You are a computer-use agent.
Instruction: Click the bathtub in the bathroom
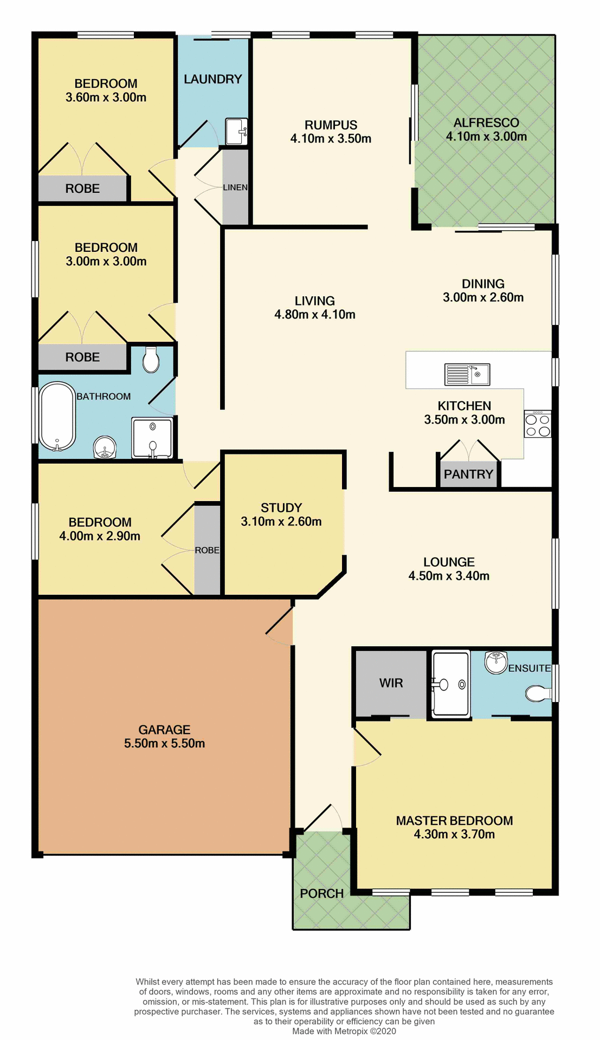click(x=56, y=416)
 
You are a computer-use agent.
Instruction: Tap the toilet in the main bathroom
click(x=151, y=360)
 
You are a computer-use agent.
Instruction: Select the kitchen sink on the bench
click(x=467, y=374)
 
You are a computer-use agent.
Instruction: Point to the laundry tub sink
click(x=236, y=131)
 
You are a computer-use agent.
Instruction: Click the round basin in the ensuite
click(x=495, y=662)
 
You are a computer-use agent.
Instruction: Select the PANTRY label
click(x=468, y=474)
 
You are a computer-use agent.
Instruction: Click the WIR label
click(x=391, y=683)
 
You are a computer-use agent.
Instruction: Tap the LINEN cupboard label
click(x=235, y=187)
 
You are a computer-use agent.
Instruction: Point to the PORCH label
click(x=321, y=894)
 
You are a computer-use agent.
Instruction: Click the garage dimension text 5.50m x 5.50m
click(x=164, y=744)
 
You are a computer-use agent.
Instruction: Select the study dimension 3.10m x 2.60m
click(x=281, y=522)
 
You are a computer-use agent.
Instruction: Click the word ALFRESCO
click(x=486, y=123)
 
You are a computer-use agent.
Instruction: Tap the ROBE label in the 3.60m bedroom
click(x=82, y=188)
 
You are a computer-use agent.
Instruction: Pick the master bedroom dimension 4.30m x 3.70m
click(x=454, y=834)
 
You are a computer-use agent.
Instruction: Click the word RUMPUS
click(x=331, y=125)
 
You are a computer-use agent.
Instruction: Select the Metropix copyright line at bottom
click(x=344, y=1031)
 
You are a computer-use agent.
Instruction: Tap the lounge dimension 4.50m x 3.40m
click(x=449, y=576)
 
